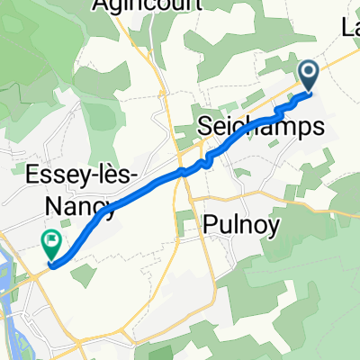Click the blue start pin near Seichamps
coord(308,75)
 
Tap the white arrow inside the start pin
coord(308,72)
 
